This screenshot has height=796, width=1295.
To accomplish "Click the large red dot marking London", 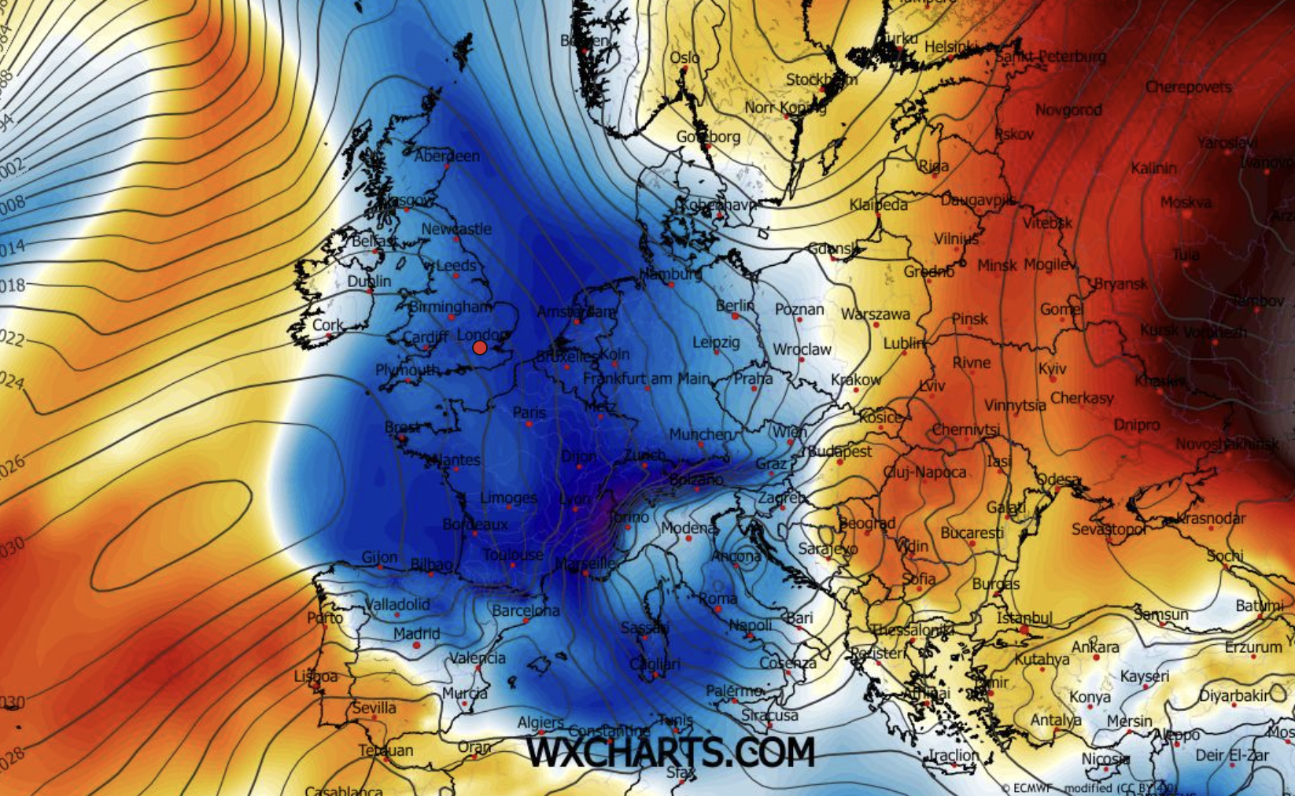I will [480, 348].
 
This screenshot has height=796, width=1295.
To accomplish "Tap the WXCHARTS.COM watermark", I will [670, 752].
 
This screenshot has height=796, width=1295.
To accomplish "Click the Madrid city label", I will [416, 633].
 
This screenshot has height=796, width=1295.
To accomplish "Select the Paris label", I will [529, 412].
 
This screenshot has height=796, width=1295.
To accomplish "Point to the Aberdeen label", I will [447, 156].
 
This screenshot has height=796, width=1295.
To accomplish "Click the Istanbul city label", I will [1024, 617].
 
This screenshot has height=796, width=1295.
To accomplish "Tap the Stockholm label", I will [821, 79].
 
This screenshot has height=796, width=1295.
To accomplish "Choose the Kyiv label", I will [1052, 368].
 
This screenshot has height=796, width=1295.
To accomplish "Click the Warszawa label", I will [875, 315].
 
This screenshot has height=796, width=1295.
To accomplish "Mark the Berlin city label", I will [735, 305].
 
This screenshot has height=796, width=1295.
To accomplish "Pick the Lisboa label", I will [315, 676].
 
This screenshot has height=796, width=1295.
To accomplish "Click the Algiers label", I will [541, 722].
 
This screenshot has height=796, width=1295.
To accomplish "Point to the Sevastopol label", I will [1108, 529].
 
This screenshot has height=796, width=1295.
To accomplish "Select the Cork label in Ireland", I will [327, 324].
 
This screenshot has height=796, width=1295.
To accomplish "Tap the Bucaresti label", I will [972, 533].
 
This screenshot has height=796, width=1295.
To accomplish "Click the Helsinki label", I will [951, 47].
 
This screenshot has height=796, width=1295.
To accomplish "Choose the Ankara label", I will [1095, 647].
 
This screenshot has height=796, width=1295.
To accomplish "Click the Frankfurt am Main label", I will [646, 378].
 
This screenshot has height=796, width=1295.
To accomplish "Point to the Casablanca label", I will [344, 790].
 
